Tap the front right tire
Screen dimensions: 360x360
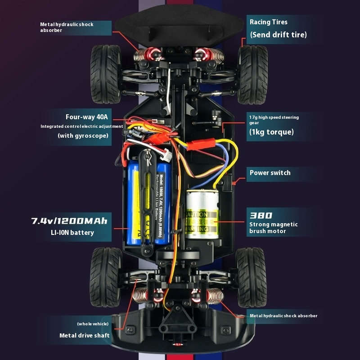point(253,74)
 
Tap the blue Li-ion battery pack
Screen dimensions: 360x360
point(135,202)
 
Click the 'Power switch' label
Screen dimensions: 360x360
point(270,173)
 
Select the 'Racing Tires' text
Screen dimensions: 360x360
point(269,22)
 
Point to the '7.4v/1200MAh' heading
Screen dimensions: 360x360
point(69,221)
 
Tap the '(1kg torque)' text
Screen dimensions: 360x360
point(271,132)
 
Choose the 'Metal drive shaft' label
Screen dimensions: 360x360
point(85,335)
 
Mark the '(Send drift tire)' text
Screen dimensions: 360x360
point(278,35)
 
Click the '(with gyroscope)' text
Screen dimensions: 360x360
point(83,135)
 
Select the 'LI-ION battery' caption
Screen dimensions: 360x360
point(72,233)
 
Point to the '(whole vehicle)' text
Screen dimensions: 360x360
point(93,324)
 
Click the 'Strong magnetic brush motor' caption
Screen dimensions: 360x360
point(274,228)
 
